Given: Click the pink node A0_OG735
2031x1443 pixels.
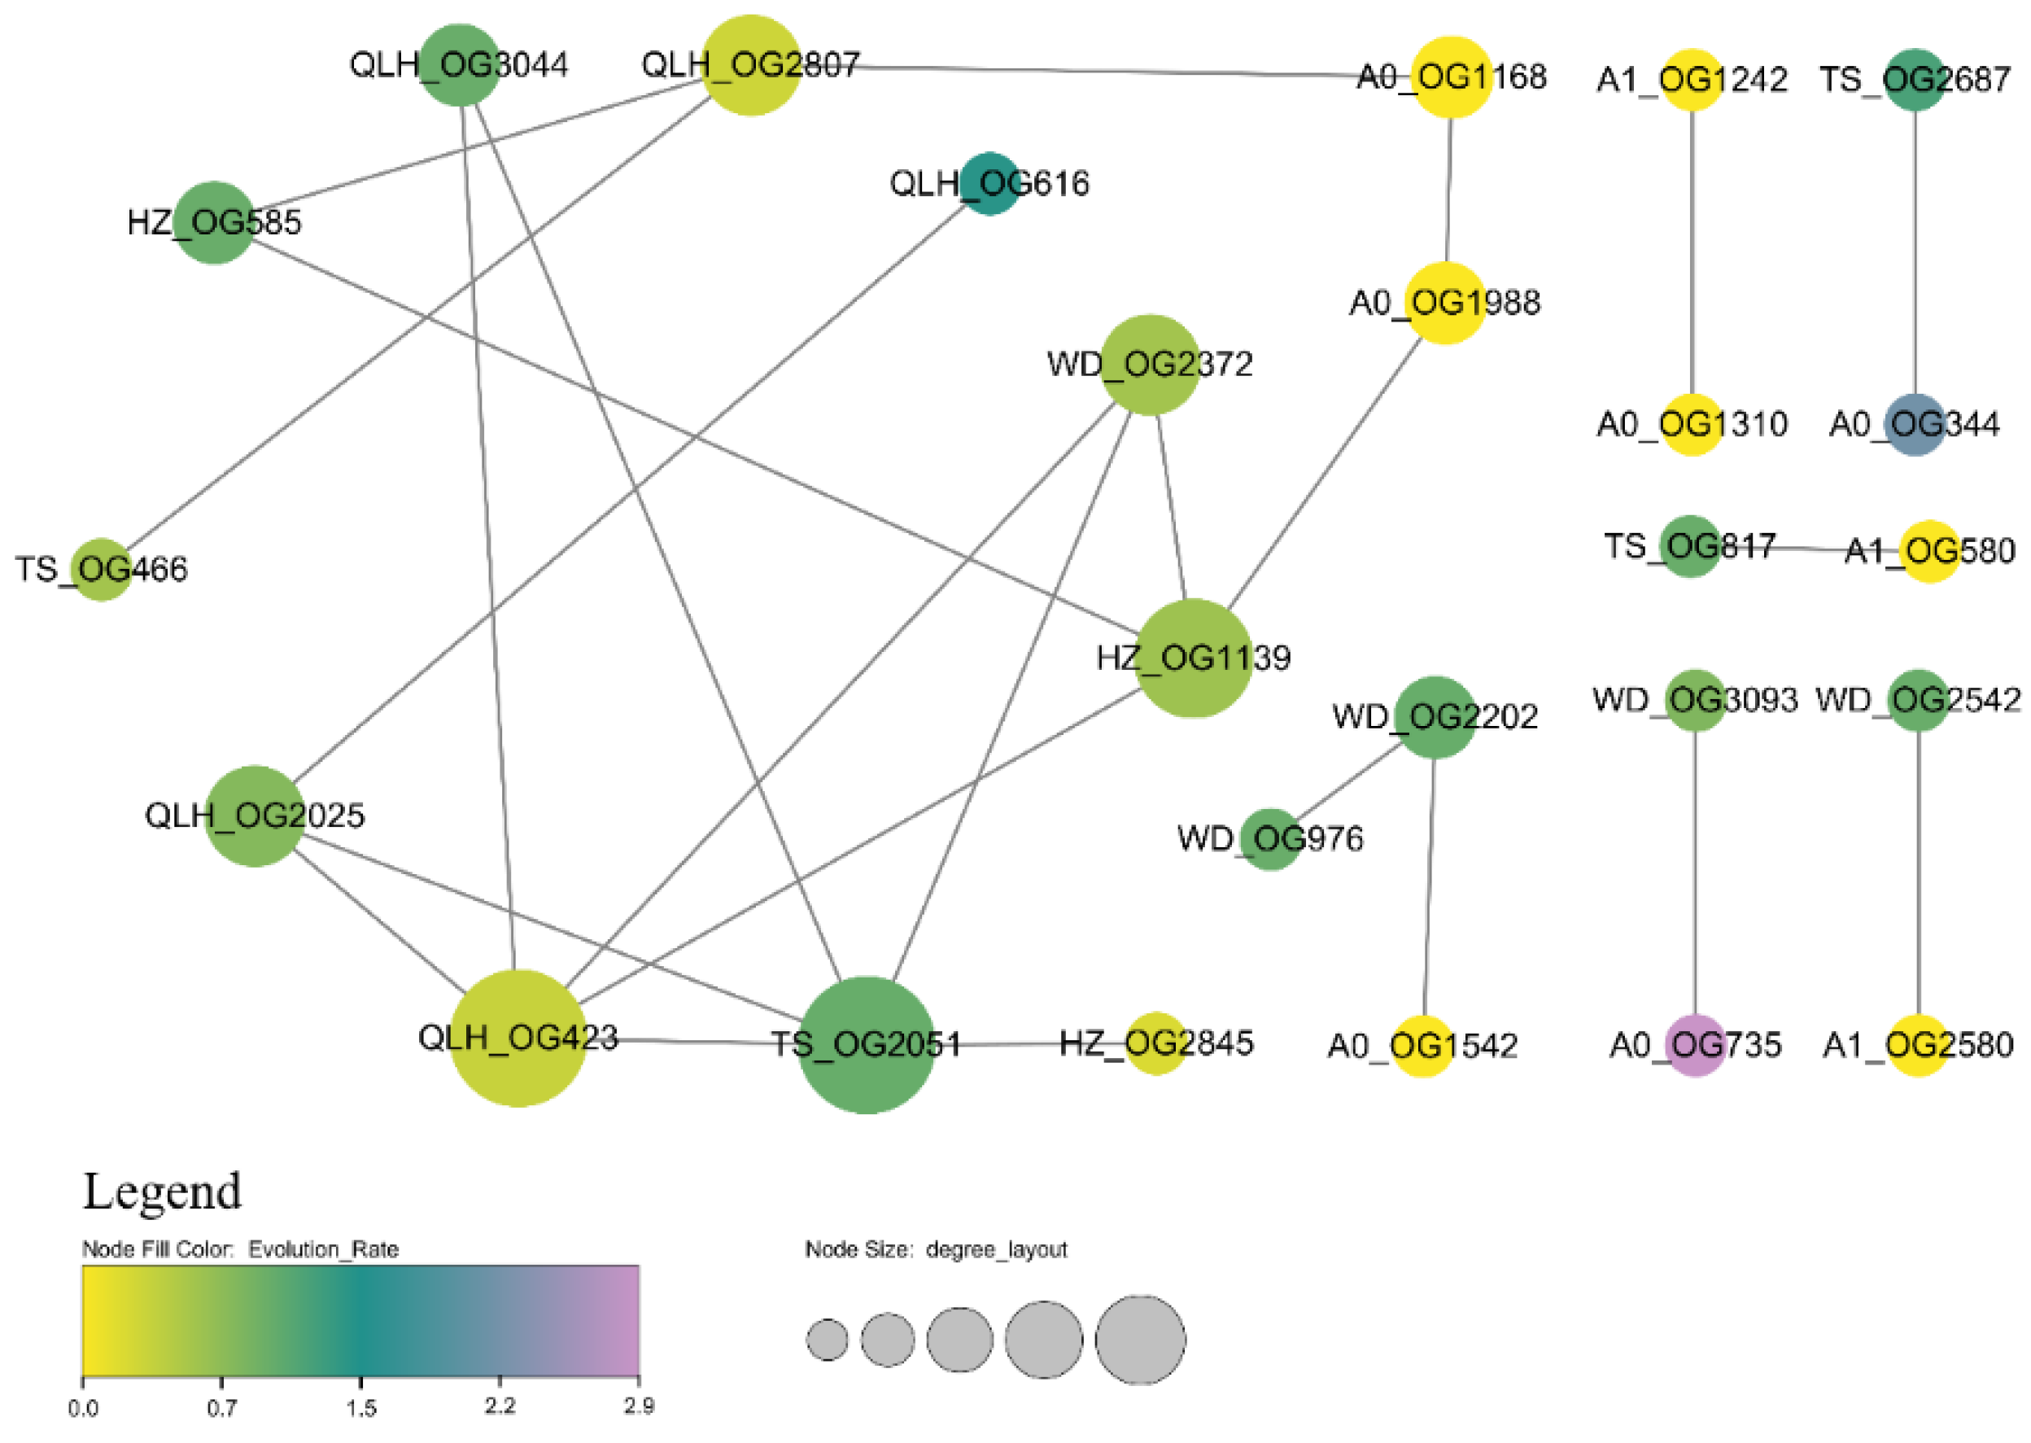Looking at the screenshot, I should (1695, 1045).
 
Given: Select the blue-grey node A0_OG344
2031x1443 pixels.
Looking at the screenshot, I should (1915, 425).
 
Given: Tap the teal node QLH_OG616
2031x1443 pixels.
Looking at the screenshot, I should (989, 184).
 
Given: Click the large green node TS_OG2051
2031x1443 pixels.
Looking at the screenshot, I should (867, 1045).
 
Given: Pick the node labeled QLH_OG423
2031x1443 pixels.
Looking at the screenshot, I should (519, 1038).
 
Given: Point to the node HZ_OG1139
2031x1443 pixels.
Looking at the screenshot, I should (1193, 658).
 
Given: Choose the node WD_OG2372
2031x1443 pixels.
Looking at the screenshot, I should (1150, 365).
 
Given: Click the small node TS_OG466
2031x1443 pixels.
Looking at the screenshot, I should (101, 570).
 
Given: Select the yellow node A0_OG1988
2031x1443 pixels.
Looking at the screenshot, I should (1445, 303).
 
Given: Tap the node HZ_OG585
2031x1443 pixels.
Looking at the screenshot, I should (214, 222).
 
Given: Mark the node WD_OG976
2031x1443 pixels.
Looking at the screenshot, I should (1270, 839).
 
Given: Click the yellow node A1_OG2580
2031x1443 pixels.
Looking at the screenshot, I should (1918, 1045).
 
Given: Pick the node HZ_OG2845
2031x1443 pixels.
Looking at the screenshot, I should (1155, 1043).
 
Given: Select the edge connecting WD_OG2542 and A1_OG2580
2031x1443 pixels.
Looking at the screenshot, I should (1918, 871).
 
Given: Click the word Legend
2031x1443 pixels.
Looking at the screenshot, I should (162, 1192).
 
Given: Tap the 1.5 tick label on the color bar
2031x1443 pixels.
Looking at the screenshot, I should (361, 1408).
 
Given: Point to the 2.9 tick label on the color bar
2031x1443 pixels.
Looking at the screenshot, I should (639, 1406).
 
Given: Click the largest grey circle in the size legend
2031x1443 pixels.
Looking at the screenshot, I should (1140, 1340).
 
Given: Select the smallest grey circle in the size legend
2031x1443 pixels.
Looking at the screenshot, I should (828, 1340).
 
